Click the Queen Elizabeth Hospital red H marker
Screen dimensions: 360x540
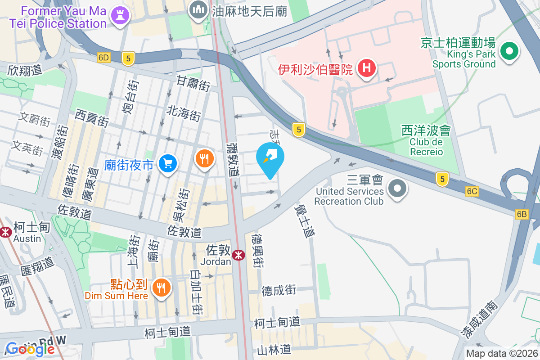[367, 69]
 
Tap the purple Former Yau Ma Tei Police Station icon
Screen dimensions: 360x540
[120, 15]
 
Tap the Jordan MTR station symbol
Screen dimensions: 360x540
[238, 256]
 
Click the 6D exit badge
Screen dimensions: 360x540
[103, 58]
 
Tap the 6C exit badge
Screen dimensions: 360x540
[472, 192]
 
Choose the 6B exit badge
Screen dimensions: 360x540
[522, 215]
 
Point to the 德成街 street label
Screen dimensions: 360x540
[279, 290]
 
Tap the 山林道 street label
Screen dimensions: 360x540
[274, 349]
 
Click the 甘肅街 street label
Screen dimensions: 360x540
[193, 83]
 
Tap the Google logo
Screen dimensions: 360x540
[30, 349]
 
